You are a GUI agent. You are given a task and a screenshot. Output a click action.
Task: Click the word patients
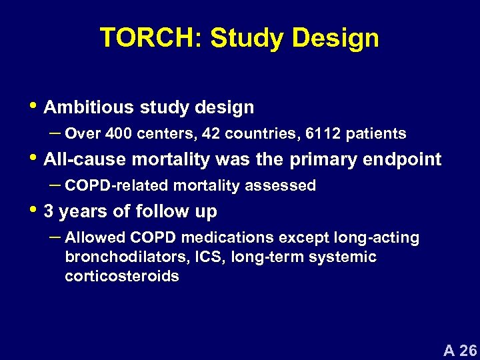point(377,134)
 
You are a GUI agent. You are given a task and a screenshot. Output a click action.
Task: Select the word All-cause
point(77,159)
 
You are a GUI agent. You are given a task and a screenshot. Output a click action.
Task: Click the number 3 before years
point(48,212)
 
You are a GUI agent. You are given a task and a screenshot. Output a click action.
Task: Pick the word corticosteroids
point(122,276)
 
